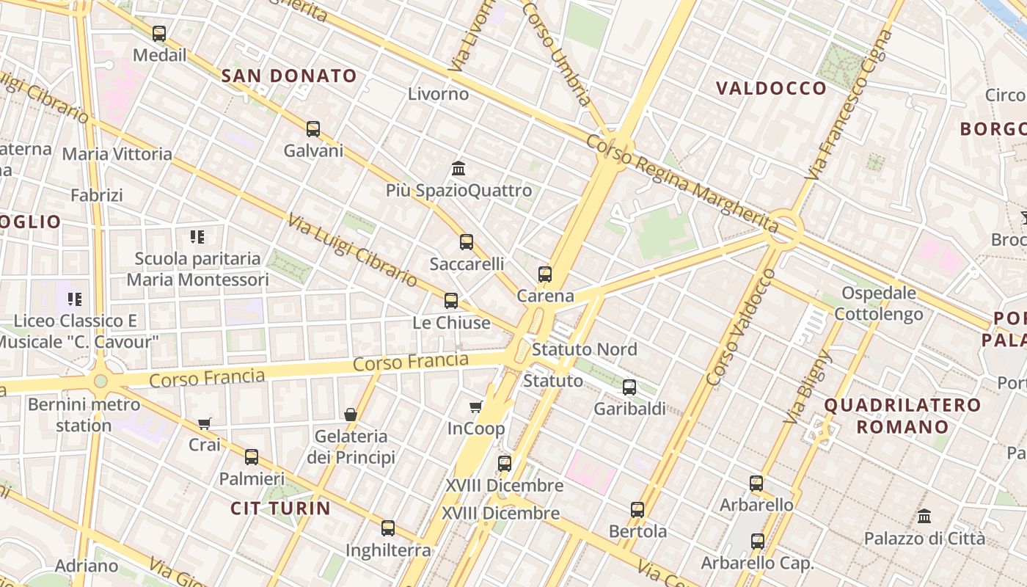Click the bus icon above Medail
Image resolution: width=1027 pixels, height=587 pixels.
[159, 33]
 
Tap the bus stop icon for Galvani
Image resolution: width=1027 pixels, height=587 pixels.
[313, 129]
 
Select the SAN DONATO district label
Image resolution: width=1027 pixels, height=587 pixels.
[289, 76]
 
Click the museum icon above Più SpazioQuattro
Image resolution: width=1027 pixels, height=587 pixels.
[459, 169]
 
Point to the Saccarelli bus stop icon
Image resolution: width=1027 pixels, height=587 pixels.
[467, 241]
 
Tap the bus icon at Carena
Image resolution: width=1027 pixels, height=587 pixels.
[545, 274]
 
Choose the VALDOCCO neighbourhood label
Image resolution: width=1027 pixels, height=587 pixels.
[771, 89]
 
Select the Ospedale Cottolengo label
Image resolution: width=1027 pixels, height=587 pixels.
[879, 304]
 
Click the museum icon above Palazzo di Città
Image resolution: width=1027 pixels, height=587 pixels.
[924, 517]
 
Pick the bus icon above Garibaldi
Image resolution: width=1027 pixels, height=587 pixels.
[629, 387]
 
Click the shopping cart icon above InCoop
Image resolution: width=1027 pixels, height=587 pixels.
[476, 406]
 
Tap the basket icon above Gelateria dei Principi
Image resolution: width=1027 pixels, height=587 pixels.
[351, 415]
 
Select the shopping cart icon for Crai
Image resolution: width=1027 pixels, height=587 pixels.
[205, 423]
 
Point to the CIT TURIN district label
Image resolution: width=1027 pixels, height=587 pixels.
[280, 508]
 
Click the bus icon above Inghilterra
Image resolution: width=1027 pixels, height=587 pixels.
[388, 528]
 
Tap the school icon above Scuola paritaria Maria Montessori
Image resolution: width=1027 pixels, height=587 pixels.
[197, 236]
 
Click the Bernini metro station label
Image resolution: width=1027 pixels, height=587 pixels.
[84, 415]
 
